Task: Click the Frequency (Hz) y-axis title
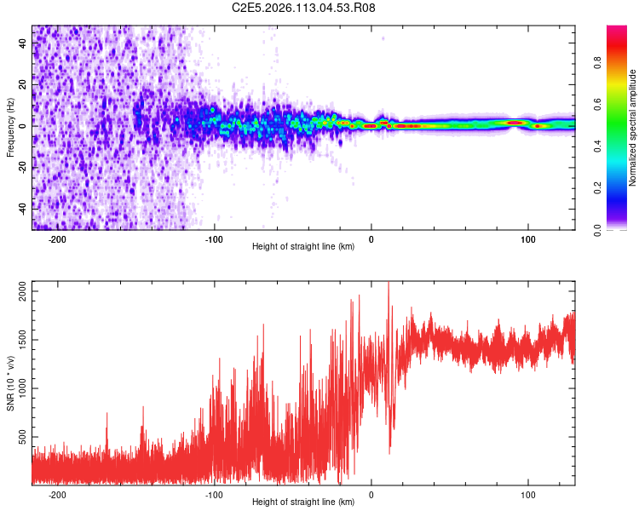[x=10, y=128]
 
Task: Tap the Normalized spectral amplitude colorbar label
[x=633, y=128]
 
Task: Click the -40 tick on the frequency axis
[x=21, y=207]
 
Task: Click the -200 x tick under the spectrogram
[x=58, y=239]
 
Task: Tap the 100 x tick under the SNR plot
[x=527, y=495]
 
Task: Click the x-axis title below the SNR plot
[x=303, y=502]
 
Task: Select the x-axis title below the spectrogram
[x=303, y=247]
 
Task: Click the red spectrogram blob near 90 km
[x=515, y=123]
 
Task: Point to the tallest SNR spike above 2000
[x=389, y=284]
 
